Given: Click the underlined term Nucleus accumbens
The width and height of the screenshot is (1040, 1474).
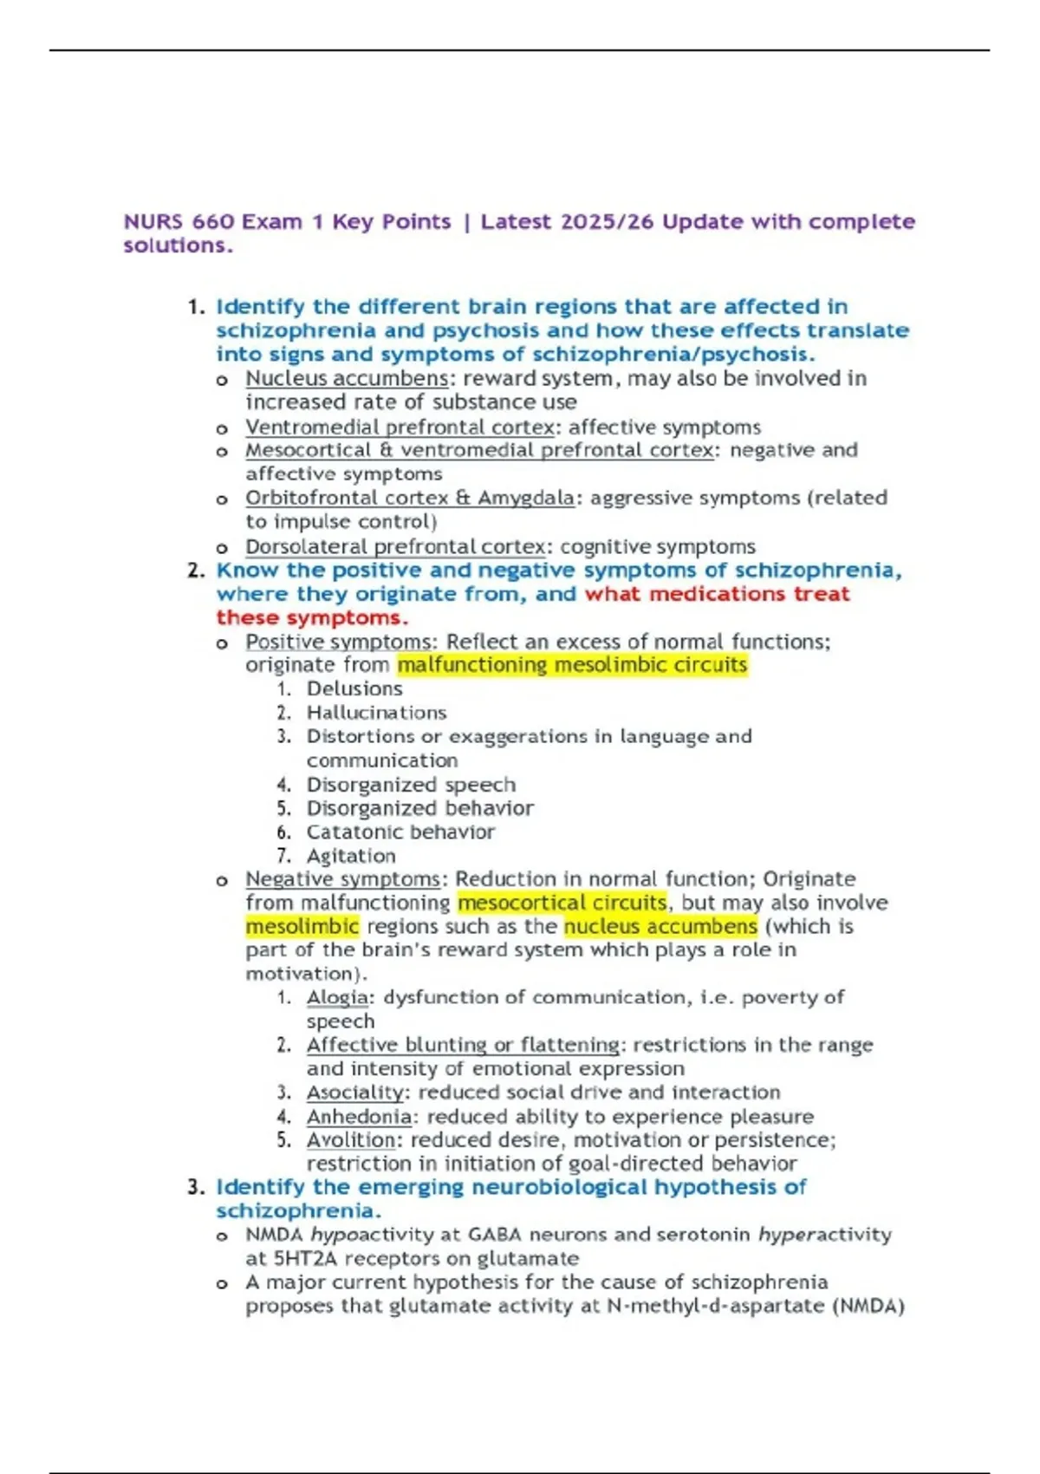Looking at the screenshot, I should pos(347,379).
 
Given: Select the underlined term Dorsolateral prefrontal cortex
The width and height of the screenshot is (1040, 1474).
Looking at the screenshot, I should pos(395,547).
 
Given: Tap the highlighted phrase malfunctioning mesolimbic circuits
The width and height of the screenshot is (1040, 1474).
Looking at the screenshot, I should pos(572,665).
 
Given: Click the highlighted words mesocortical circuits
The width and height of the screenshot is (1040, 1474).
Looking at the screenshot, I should pos(562,903).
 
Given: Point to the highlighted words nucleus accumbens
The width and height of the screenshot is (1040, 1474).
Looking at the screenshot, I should pos(660,926).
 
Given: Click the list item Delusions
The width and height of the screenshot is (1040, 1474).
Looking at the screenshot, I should pos(354,688).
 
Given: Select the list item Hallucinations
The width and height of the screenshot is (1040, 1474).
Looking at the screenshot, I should pos(376,713).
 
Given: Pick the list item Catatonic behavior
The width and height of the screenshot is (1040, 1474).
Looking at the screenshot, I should pos(400,832).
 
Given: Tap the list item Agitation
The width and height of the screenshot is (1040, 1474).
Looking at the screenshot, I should pos(351,856).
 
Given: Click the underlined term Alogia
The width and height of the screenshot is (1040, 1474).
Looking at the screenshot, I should pos(337,997).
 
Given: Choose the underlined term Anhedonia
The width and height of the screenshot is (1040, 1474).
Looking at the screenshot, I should pos(359,1117).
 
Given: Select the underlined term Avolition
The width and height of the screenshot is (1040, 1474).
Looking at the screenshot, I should pos(351,1140).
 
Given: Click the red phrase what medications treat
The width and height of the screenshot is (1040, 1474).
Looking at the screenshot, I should pos(717,594).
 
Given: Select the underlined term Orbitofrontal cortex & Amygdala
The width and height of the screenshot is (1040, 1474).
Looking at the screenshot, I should pos(409,499).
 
